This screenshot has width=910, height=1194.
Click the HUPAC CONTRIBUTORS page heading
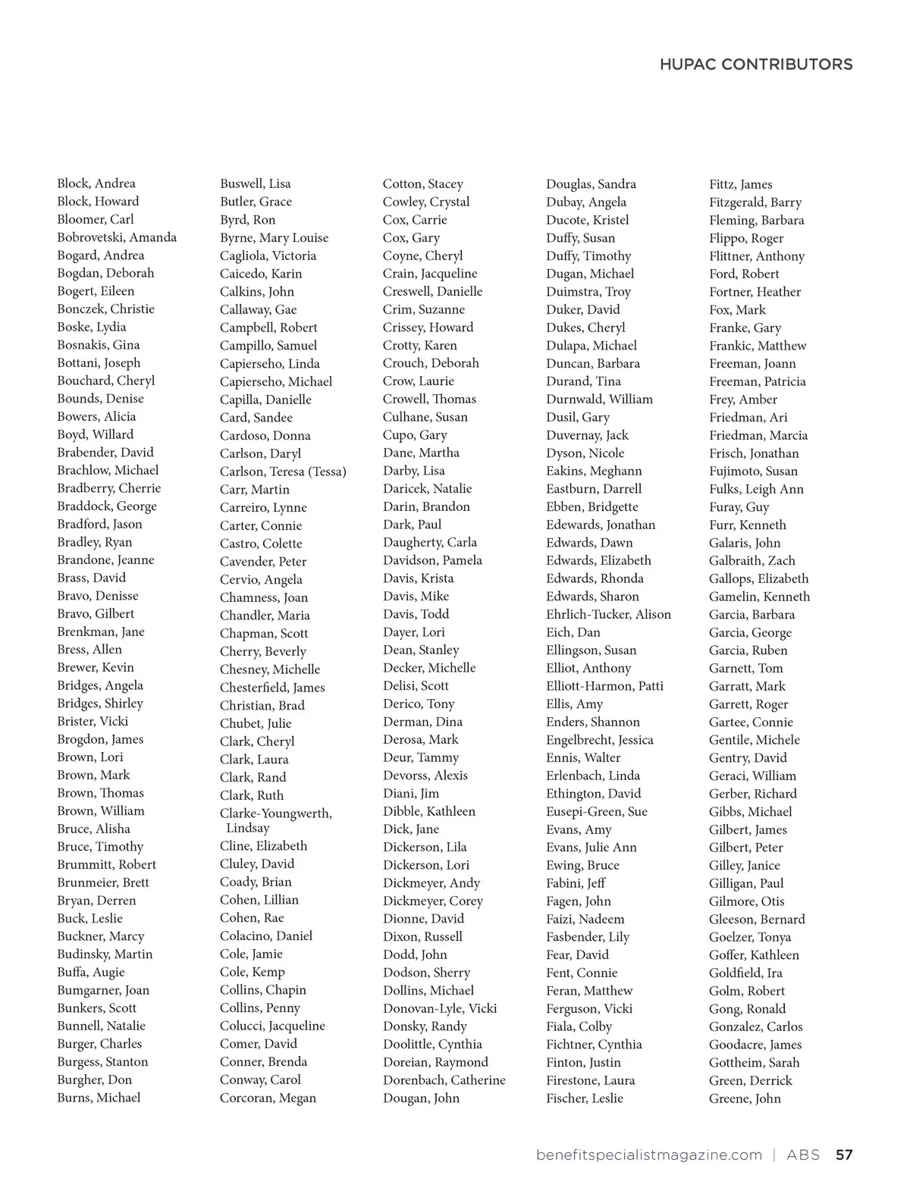click(755, 64)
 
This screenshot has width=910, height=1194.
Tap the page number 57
click(844, 1155)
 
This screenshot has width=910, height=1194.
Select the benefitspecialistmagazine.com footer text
click(648, 1155)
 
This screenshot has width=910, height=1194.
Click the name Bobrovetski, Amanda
click(117, 237)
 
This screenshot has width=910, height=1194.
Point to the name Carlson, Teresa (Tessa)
click(283, 472)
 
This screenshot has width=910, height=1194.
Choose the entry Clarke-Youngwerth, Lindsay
click(275, 820)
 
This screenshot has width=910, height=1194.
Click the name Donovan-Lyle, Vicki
click(440, 1008)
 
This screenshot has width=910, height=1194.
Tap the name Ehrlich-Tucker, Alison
click(608, 614)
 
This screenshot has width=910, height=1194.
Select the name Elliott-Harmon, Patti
click(604, 686)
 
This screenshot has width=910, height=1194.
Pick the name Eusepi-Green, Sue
click(597, 811)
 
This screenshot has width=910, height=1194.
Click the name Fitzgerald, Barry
click(755, 202)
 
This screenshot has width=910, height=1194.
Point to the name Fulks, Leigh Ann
click(756, 490)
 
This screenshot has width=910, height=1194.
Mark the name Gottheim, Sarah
click(754, 1063)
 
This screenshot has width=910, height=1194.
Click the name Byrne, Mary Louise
click(274, 238)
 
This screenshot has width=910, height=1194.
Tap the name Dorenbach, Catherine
click(444, 1080)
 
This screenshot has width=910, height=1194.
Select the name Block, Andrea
click(96, 183)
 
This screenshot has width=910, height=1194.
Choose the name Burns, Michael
click(99, 1098)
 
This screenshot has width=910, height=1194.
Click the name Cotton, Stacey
click(422, 184)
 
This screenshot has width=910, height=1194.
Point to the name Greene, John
click(745, 1098)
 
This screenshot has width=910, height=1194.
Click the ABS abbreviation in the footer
click(803, 1155)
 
